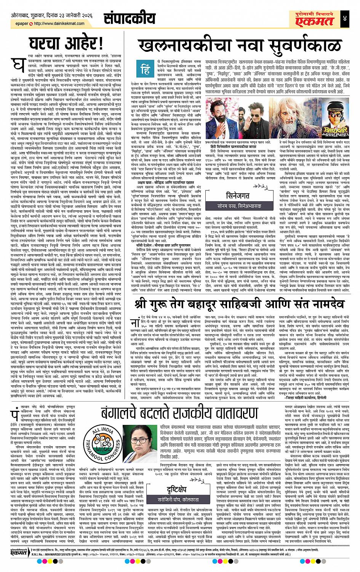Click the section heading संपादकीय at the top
[x=131, y=19]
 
